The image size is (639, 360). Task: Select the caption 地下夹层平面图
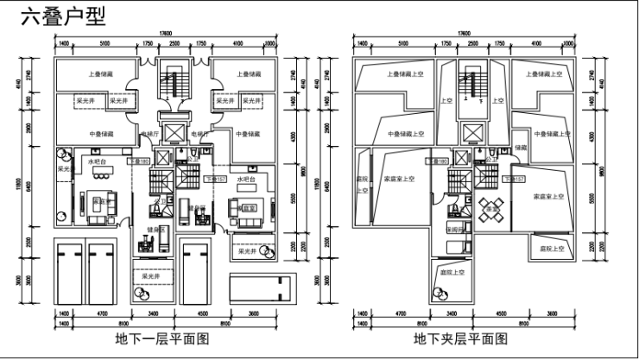459,338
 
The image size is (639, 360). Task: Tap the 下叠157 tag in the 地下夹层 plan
513,179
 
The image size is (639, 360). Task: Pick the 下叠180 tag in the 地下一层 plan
140,161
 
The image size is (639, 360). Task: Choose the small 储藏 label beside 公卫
519,148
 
